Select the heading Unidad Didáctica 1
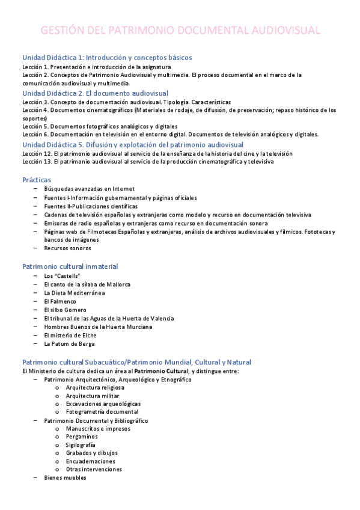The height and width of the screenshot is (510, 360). pos(107,58)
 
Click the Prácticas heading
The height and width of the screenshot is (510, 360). pos(37,180)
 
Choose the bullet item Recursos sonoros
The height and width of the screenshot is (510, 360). pos(67,248)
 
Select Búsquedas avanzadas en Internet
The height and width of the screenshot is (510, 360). pos(89,188)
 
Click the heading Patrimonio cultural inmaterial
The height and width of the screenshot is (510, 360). pos(70,266)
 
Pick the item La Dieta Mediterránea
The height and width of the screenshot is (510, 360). pos(75,293)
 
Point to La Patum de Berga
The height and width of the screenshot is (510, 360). pos(69,344)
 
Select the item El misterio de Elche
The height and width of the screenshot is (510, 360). pos(70,335)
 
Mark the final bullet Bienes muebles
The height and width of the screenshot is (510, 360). pos(65,478)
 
